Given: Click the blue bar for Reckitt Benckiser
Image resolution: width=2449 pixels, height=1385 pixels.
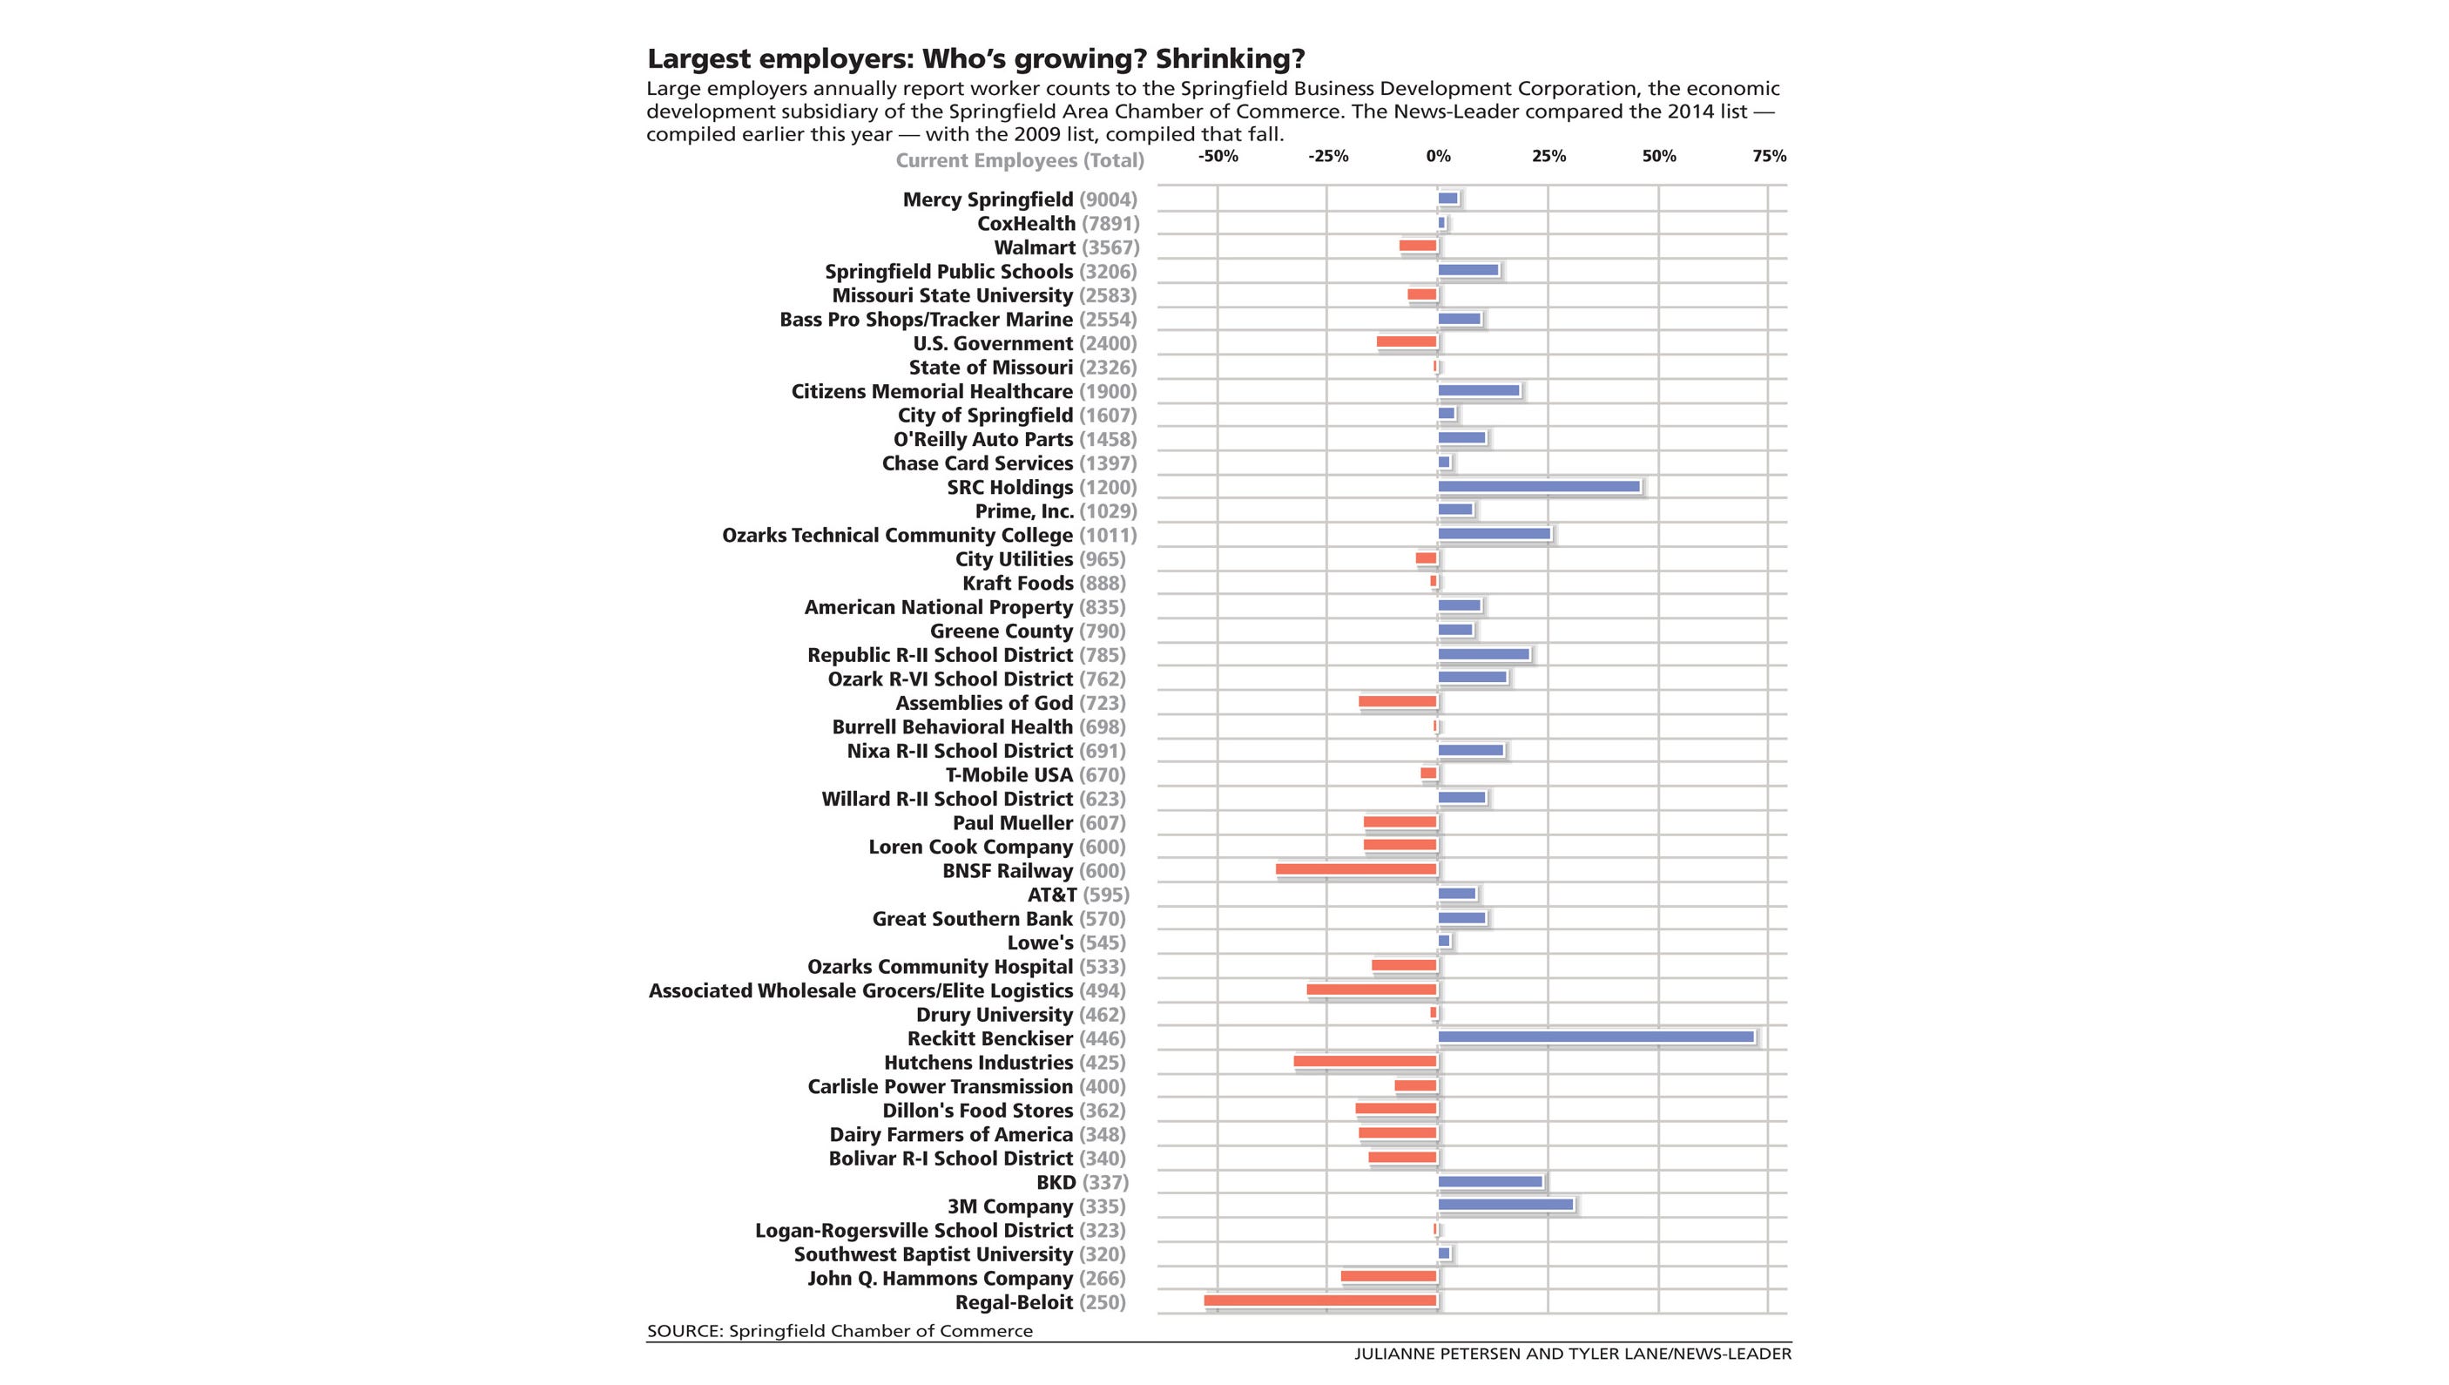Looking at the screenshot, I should click(1595, 1037).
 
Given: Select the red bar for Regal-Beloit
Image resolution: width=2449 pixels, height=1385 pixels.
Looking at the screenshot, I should click(1320, 1301).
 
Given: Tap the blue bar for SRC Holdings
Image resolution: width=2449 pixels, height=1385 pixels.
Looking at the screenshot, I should click(1538, 486).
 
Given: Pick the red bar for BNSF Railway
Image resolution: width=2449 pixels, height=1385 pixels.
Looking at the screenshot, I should click(1356, 868).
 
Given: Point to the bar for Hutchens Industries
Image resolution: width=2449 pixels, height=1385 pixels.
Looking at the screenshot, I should click(1365, 1061).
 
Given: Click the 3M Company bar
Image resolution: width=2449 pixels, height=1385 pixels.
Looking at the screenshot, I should click(1505, 1205).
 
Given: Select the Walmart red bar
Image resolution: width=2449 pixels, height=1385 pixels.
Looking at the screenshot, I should click(1417, 246).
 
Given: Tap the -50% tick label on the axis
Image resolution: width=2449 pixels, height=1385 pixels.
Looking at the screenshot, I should click(1218, 156).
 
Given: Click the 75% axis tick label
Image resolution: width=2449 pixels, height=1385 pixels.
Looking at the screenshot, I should click(1768, 156).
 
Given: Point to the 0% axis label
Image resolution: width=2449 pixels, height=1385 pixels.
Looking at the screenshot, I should click(1437, 156).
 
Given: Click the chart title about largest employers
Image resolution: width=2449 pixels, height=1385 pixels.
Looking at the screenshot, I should click(975, 59).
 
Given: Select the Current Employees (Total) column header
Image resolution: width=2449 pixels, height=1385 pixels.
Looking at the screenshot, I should click(1020, 161).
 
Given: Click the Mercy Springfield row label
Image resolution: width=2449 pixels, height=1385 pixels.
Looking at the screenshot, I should click(988, 199).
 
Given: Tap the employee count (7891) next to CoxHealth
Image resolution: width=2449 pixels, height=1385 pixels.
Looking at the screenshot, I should click(1110, 224).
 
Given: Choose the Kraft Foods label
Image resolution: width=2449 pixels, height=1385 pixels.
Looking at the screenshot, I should click(1016, 583).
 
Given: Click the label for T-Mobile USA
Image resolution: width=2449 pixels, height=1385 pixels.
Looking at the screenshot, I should click(1009, 775).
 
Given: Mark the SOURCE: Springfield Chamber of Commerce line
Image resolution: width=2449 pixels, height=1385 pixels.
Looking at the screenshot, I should click(839, 1331).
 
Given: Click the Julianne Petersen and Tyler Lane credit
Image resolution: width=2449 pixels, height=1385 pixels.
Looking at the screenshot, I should click(1572, 1354).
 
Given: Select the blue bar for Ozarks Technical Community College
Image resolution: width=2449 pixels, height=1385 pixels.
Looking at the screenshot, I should click(1494, 534).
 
